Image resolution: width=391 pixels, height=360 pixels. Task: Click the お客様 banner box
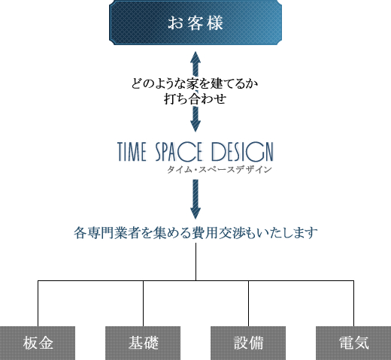click(195, 23)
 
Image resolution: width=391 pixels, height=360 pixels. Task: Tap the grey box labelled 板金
click(38, 343)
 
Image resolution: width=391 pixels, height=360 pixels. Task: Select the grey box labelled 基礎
click(143, 343)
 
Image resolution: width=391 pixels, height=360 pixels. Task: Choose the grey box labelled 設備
click(248, 343)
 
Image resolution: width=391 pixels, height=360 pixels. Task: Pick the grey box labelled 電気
click(353, 343)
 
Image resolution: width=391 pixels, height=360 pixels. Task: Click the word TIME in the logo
click(132, 152)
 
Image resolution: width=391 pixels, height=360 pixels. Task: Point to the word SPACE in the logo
click(178, 152)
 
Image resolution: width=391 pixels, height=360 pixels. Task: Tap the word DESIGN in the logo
click(242, 152)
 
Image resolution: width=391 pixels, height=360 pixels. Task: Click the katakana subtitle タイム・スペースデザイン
click(220, 170)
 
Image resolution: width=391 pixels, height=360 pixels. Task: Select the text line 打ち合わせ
click(195, 98)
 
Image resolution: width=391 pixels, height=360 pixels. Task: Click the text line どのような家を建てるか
click(195, 83)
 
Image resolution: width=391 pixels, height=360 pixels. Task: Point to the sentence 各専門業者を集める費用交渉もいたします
click(195, 233)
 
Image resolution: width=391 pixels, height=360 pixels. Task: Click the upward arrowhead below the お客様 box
click(195, 57)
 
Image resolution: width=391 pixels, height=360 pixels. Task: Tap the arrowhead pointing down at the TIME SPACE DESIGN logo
click(195, 126)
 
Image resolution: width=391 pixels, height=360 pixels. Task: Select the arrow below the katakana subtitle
click(195, 199)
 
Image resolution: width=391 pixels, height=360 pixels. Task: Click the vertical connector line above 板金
click(38, 304)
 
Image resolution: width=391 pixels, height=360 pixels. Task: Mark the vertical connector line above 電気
click(353, 304)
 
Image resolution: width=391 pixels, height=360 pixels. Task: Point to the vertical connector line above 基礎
click(143, 304)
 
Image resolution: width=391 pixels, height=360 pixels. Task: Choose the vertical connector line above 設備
click(248, 304)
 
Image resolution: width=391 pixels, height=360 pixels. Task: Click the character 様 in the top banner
click(215, 23)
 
